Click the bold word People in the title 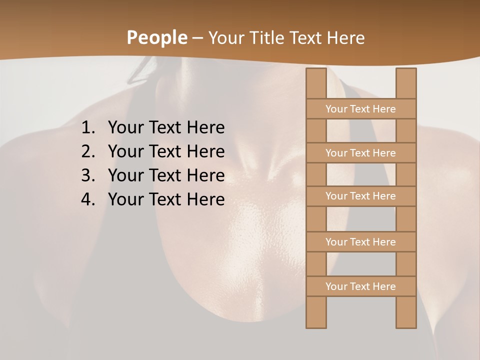pyautogui.click(x=156, y=38)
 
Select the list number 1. pyautogui.click(x=88, y=128)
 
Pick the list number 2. pyautogui.click(x=88, y=151)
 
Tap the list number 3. pyautogui.click(x=88, y=175)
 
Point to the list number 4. pyautogui.click(x=88, y=199)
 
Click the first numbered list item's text pyautogui.click(x=166, y=128)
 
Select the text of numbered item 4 pyautogui.click(x=166, y=199)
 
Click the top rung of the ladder pyautogui.click(x=360, y=109)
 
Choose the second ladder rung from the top pyautogui.click(x=360, y=153)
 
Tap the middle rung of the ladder pyautogui.click(x=360, y=196)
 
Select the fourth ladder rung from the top pyautogui.click(x=360, y=242)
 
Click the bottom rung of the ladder pyautogui.click(x=360, y=286)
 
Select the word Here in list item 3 pyautogui.click(x=205, y=175)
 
